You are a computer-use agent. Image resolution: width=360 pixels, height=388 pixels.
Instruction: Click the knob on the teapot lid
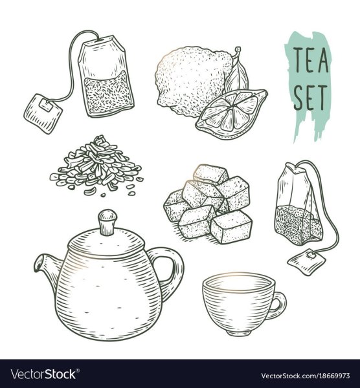[107, 222]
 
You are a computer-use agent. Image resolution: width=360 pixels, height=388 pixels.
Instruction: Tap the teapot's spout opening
[38, 264]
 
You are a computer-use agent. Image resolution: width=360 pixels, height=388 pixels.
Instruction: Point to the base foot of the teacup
[240, 333]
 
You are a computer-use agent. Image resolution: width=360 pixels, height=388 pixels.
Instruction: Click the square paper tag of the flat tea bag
[43, 114]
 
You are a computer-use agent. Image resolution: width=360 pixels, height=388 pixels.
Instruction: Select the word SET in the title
[310, 98]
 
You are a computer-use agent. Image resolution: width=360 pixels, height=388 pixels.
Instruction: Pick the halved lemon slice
[231, 114]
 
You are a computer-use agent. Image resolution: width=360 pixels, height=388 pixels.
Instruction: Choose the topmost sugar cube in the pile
[210, 174]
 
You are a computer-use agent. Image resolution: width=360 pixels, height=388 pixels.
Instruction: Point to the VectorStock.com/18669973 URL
[306, 376]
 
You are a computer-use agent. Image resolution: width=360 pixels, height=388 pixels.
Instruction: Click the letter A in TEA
[323, 60]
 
